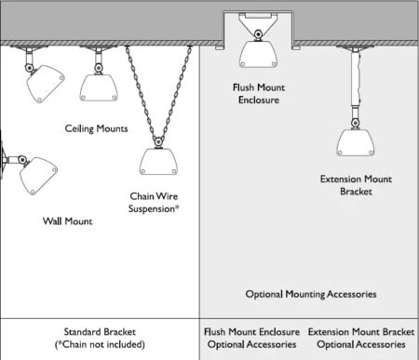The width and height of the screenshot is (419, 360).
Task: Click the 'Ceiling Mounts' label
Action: coord(96,128)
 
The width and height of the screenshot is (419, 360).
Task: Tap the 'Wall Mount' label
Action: coord(67,221)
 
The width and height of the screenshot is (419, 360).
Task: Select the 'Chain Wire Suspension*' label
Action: coord(154,203)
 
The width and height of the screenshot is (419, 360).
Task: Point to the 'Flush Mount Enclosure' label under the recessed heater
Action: coord(259,94)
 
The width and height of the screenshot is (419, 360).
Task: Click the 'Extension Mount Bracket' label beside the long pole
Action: coord(356,185)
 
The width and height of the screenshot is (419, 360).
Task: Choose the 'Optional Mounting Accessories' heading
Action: coord(311,294)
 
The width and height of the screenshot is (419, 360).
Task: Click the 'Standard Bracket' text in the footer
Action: coord(100,332)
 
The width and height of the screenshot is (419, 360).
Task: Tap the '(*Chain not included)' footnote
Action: coord(100,344)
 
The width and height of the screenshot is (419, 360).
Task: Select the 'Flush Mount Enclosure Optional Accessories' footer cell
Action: coord(251,338)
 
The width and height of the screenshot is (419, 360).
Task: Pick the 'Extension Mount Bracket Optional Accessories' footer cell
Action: coord(361,338)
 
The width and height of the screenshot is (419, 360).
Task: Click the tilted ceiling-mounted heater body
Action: coord(46,84)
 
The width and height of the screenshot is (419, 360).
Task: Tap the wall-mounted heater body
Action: coord(38,176)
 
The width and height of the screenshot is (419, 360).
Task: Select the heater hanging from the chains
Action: coord(158,162)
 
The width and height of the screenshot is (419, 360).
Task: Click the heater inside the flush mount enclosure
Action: coord(258,55)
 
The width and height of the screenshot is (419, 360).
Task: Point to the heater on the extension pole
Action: coord(356,142)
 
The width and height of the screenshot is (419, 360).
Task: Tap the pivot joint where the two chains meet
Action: coord(158,142)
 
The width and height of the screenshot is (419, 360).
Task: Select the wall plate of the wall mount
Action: coord(3,159)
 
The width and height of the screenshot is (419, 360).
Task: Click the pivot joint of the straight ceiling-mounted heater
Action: coord(99,68)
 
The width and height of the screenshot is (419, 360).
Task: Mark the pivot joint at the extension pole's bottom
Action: coord(356,124)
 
